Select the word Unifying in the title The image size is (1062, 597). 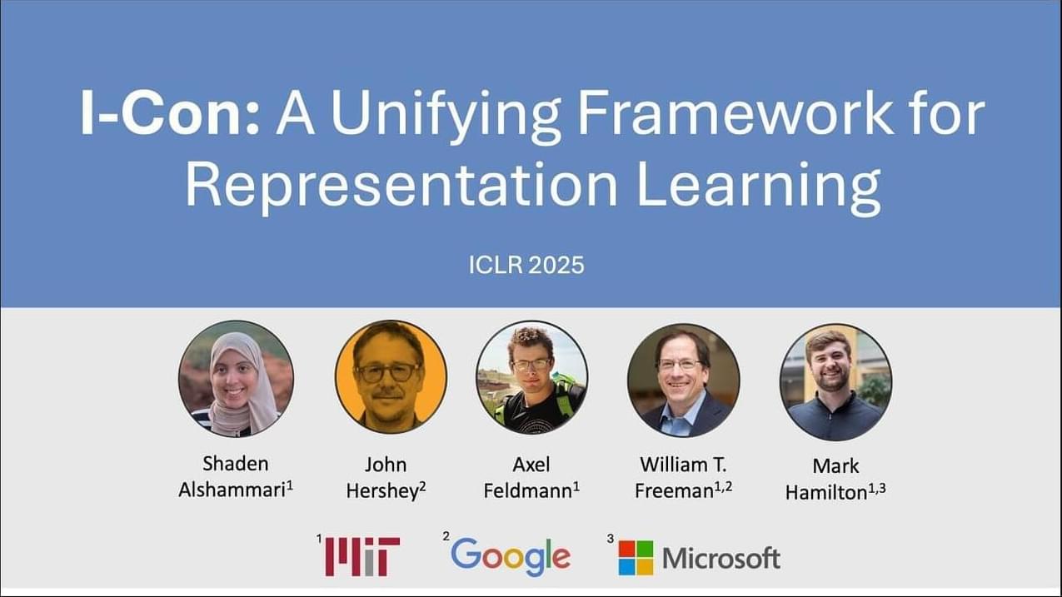point(446,117)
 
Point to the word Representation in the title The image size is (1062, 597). point(401,187)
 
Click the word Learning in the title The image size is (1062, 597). point(758,187)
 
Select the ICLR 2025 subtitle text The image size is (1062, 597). point(526,265)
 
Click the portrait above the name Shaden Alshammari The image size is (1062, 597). point(236,379)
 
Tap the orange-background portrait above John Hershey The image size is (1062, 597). point(391,377)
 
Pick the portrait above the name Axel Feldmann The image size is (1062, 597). point(532,378)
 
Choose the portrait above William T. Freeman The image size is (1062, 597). point(683,381)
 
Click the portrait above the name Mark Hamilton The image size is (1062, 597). point(835,382)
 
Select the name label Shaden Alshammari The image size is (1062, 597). point(236,476)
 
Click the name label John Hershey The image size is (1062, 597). point(386,478)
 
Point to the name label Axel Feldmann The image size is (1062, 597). point(531,478)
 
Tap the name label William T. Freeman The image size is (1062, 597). point(683,478)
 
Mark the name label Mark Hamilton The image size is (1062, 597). point(835,479)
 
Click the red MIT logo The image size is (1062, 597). point(362,556)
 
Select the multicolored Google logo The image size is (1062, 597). point(511,557)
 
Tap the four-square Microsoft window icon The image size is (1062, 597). point(636,558)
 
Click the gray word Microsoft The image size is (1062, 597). point(721,558)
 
